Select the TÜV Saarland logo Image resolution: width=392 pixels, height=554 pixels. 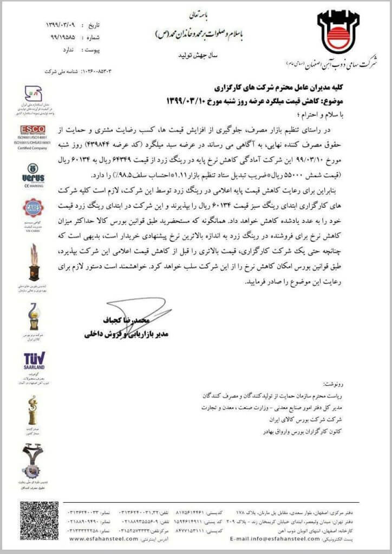click(x=34, y=363)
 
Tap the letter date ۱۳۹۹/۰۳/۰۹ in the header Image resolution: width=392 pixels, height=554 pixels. click(x=63, y=25)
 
